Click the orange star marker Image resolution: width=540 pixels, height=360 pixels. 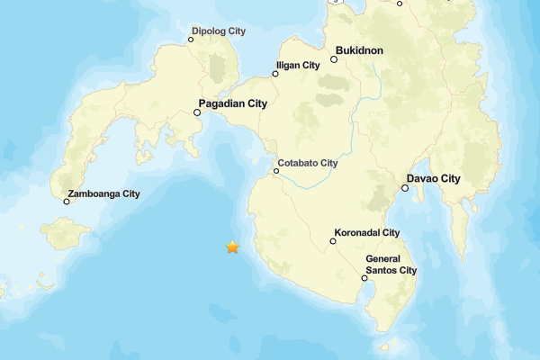232,247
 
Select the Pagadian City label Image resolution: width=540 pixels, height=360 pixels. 233,104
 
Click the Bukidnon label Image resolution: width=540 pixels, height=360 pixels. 360,51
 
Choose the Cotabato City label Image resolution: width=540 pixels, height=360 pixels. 308,163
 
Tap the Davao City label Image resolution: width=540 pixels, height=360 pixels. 434,178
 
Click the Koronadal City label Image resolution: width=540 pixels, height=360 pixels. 367,232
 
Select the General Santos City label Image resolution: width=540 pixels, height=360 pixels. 391,265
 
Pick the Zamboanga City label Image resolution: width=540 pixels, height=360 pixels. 104,193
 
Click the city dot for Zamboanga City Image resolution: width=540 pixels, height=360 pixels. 66,202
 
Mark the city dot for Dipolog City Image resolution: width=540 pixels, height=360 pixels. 191,40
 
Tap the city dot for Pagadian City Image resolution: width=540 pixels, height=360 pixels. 197,112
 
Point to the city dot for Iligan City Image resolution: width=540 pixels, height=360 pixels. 275,74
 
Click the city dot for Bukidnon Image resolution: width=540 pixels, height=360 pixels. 333,59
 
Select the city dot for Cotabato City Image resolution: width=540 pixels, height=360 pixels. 276,171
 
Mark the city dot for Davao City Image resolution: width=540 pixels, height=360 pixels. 405,187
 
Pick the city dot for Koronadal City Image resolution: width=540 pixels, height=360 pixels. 332,240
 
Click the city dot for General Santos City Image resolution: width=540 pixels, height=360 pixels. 364,278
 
